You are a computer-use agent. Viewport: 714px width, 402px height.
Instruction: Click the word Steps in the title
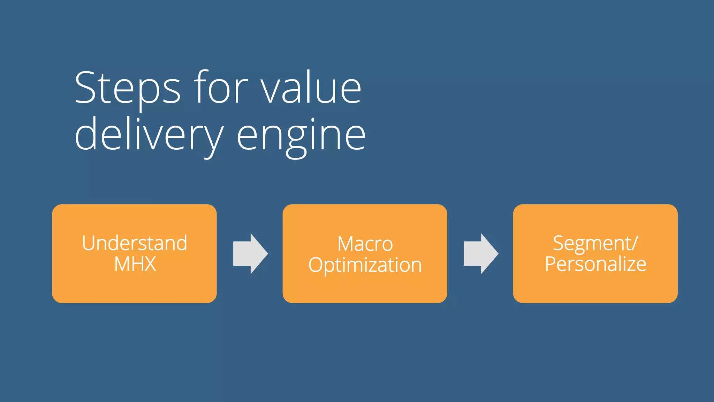point(128,88)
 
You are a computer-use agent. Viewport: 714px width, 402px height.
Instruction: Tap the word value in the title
point(311,88)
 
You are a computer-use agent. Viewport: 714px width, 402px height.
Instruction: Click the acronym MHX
point(135,264)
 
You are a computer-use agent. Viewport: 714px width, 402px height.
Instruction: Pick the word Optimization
point(365,265)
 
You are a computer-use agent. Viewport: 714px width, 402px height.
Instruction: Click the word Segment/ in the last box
point(595,243)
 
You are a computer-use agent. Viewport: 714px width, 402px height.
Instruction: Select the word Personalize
point(595,264)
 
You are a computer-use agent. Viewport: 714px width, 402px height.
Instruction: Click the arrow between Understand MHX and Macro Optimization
point(250,254)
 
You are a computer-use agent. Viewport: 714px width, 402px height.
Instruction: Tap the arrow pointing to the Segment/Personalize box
point(480,254)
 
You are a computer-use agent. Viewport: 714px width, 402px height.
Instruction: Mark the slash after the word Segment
point(635,243)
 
